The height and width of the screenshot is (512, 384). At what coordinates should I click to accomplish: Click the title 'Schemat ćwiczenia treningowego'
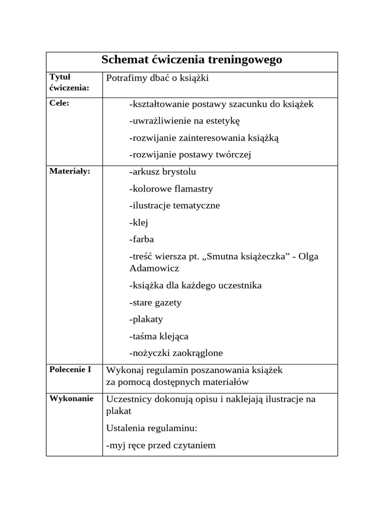point(191,60)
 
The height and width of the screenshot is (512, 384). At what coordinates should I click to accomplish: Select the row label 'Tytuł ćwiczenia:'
point(69,82)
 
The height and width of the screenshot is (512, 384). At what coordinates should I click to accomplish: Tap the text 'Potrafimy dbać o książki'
point(157,78)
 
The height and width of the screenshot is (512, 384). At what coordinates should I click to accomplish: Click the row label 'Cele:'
point(59,103)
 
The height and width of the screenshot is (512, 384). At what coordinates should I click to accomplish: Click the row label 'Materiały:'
point(69,171)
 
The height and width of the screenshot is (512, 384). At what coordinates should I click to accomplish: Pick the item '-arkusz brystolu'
point(162,171)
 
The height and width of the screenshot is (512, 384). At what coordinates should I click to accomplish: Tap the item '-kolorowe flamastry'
point(171,188)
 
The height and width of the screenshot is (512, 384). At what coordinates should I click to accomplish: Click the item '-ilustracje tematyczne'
point(174,205)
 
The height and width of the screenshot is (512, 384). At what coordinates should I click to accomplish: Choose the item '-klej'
point(138,222)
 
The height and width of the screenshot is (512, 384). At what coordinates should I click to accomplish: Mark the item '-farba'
point(141,239)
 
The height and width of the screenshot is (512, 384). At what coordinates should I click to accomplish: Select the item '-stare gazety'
point(155,302)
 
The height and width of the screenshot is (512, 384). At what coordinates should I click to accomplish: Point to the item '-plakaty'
point(146,319)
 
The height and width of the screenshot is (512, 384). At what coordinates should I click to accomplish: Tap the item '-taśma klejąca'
point(158,336)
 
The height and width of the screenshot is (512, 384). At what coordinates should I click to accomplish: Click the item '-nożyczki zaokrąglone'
point(176,353)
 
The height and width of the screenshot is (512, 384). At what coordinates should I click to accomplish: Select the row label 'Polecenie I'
point(70,369)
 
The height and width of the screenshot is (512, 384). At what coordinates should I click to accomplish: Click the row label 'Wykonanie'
point(71,398)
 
